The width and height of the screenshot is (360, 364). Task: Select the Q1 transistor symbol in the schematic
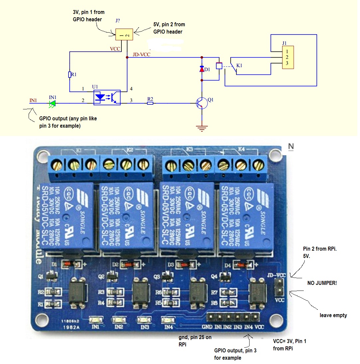pos(202,103)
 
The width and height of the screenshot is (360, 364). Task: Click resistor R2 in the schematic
pos(150,103)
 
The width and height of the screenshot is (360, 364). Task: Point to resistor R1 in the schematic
pos(70,75)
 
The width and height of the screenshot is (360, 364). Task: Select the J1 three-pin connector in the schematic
pos(288,57)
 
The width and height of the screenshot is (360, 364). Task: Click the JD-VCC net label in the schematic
pos(141,55)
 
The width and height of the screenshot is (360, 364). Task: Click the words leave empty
pos(333,315)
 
